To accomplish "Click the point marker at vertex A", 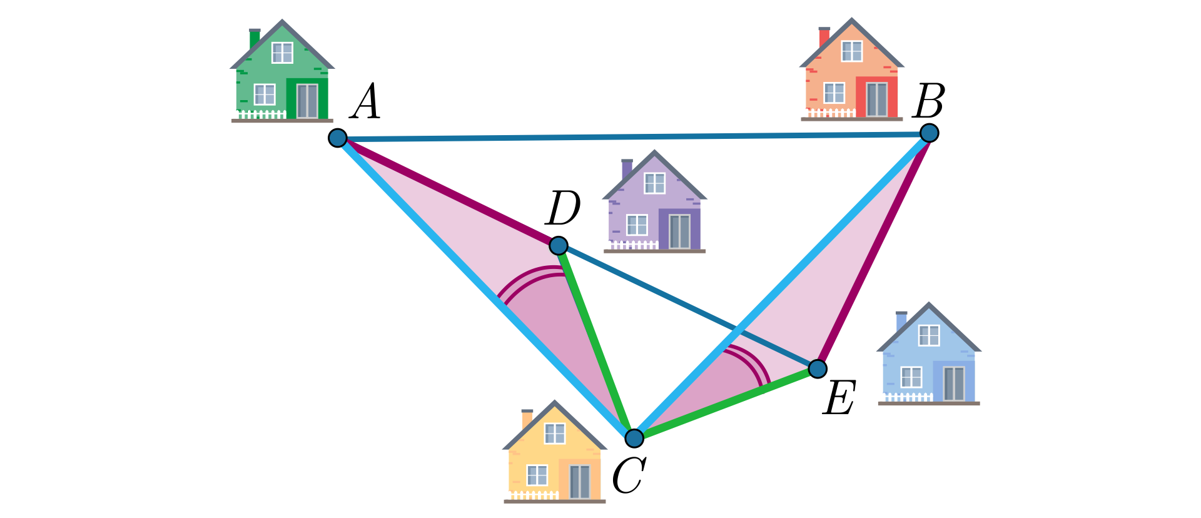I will point(338,138).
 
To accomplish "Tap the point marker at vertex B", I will point(930,133).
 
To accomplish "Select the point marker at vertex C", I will point(634,438).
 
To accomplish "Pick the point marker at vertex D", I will point(559,245).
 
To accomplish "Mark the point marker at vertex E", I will point(818,368).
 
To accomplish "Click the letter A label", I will point(365,102).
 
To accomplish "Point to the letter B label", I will point(928,101).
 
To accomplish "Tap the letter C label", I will point(628,476).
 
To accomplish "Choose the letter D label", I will point(562,208).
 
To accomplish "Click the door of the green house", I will point(307,100).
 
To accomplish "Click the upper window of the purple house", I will point(654,183).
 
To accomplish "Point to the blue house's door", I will point(954,383).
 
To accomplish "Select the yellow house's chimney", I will point(527,418).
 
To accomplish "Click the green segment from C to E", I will point(726,404).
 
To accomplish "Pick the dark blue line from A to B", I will point(633,135).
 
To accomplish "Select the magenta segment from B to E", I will point(873,250).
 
